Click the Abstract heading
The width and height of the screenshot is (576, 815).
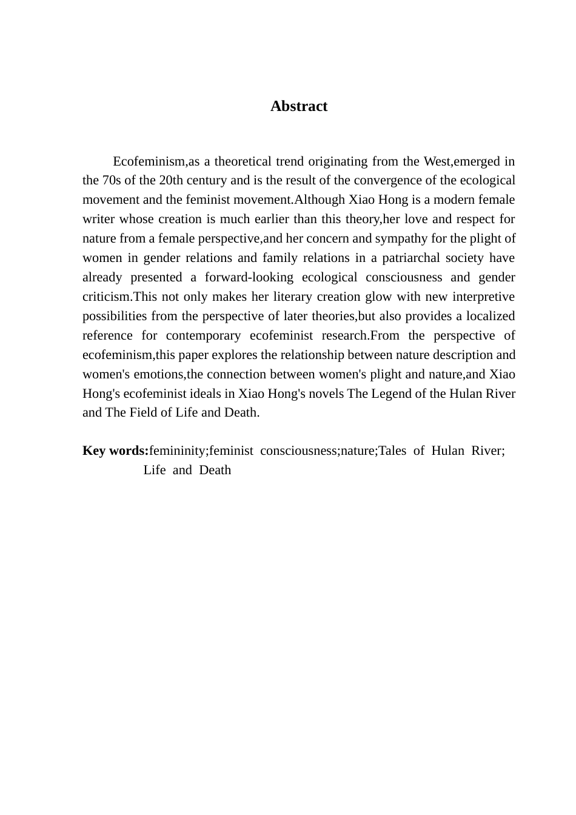pos(299,106)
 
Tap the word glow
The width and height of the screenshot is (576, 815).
pos(341,297)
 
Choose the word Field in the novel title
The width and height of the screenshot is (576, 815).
pos(143,413)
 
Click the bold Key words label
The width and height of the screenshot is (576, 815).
pos(115,451)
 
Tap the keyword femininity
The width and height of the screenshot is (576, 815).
pos(178,451)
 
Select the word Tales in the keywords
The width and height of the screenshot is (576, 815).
pos(392,451)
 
